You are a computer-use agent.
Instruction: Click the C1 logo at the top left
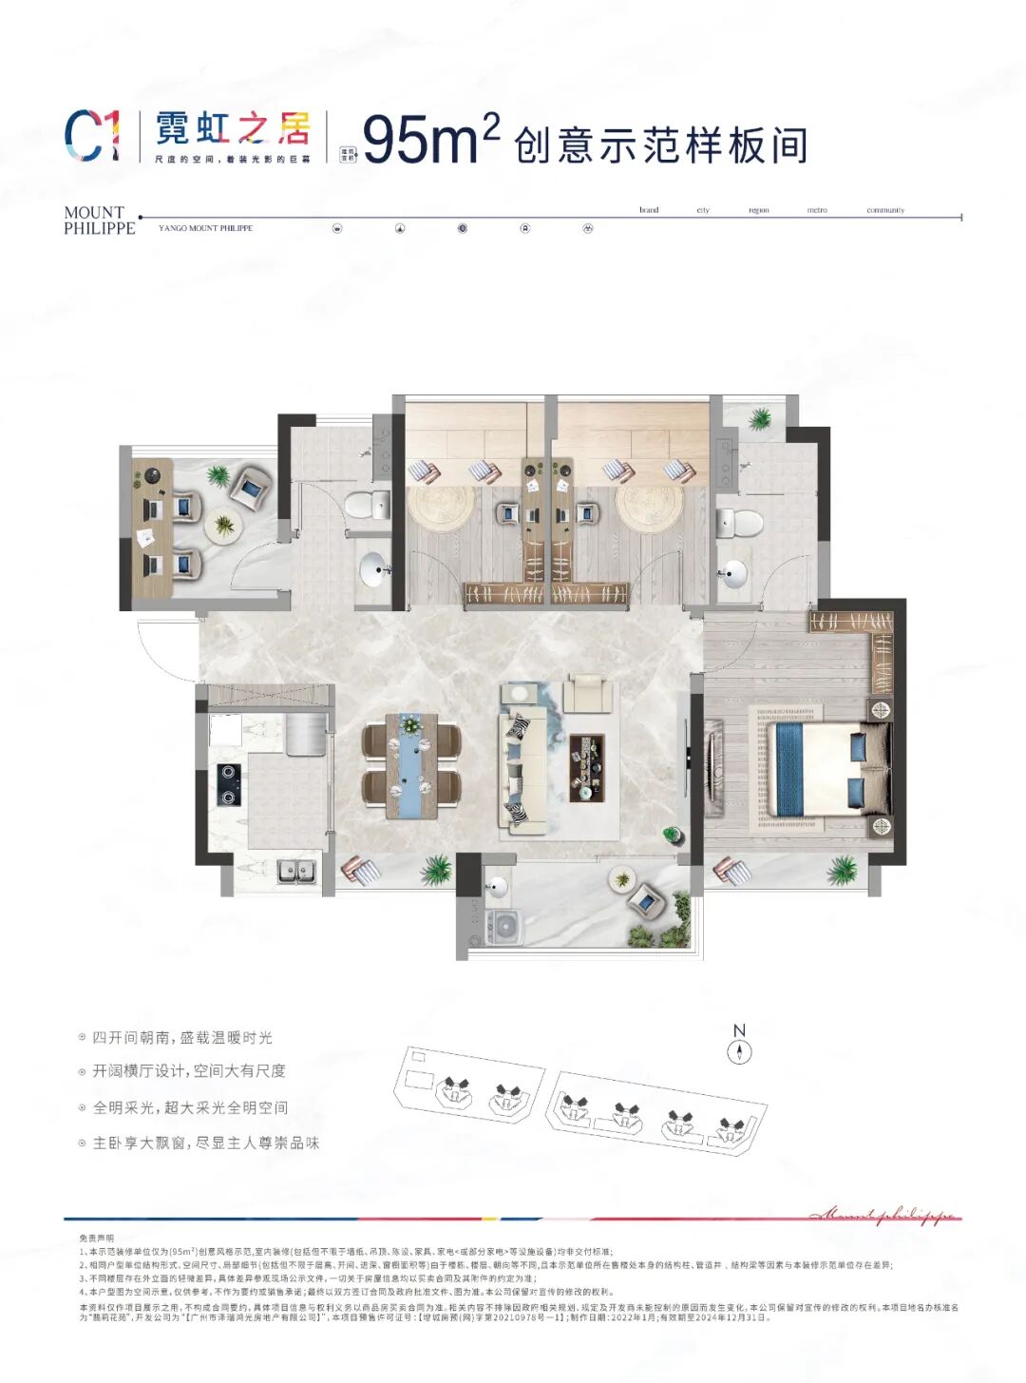(x=92, y=136)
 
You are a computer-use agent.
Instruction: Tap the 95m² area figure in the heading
(x=430, y=139)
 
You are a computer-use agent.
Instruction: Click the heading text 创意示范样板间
(x=660, y=145)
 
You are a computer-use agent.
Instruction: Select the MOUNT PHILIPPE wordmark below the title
(x=99, y=221)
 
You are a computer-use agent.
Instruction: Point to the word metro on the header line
(x=817, y=210)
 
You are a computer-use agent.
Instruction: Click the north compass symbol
(x=739, y=1051)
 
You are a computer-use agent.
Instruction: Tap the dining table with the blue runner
(x=411, y=766)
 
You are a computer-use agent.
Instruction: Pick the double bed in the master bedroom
(x=826, y=770)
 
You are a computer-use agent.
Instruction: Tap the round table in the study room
(x=224, y=525)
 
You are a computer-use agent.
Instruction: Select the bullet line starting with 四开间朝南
(x=181, y=1037)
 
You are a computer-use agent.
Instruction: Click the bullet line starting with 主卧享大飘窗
(x=205, y=1143)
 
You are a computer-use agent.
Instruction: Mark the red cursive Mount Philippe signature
(x=883, y=1215)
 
